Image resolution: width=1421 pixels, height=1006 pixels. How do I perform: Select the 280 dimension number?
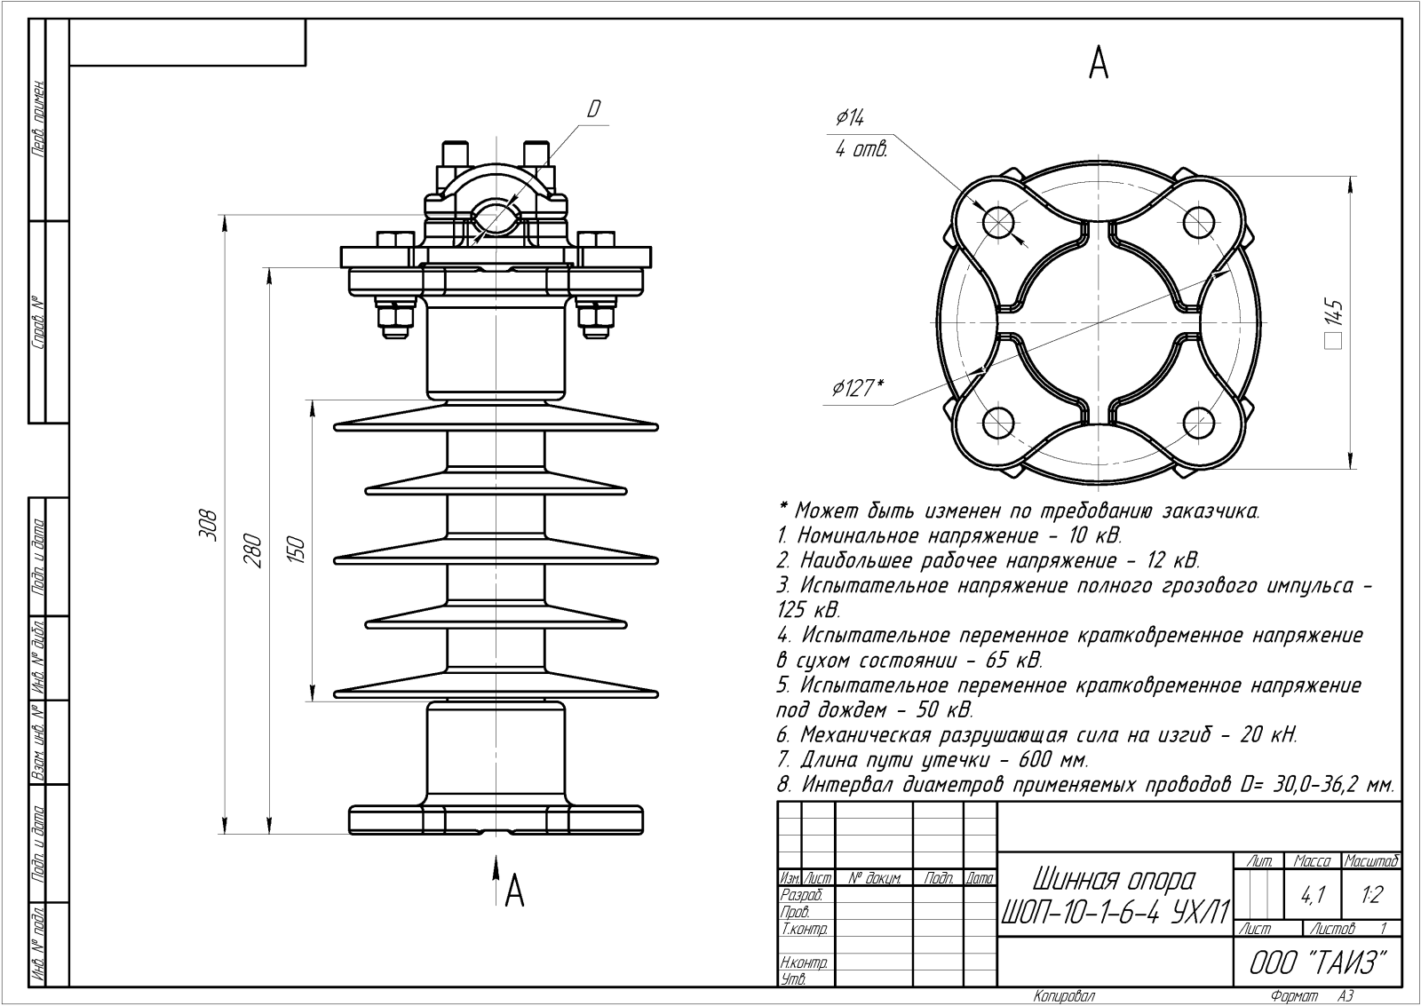pyautogui.click(x=253, y=551)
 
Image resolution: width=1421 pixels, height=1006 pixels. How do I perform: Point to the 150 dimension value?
pyautogui.click(x=298, y=550)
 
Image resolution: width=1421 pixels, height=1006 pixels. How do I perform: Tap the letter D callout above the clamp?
pyautogui.click(x=593, y=109)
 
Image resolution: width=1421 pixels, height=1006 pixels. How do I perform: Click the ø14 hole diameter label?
pyautogui.click(x=850, y=118)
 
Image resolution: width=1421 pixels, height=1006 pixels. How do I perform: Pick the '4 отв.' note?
pyautogui.click(x=861, y=150)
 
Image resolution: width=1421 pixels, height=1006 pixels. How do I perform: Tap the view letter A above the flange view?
pyautogui.click(x=1099, y=63)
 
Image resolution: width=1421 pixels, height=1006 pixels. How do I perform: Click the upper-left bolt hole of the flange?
pyautogui.click(x=999, y=220)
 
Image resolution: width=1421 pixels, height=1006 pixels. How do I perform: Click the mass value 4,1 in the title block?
pyautogui.click(x=1312, y=896)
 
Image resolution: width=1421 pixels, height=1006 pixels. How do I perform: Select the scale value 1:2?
pyautogui.click(x=1371, y=895)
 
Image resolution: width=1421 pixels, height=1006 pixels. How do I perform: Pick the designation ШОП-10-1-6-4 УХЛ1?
pyautogui.click(x=1116, y=912)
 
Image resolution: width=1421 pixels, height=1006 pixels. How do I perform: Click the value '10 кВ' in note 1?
pyautogui.click(x=1097, y=536)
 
